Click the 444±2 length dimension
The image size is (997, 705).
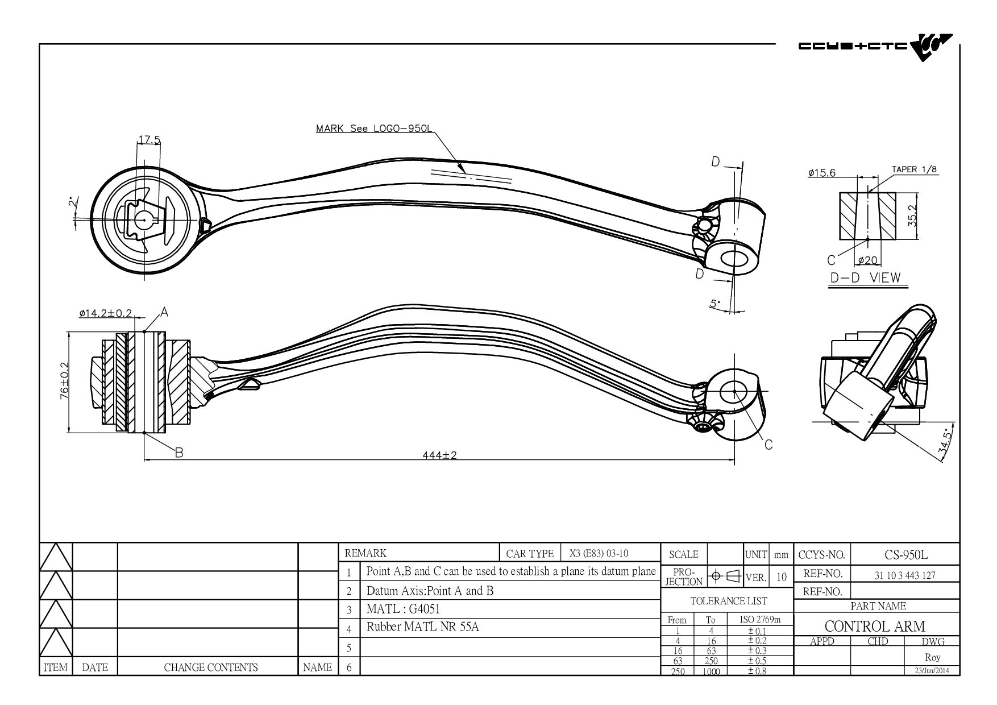coord(439,455)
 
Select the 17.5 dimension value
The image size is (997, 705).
coord(149,140)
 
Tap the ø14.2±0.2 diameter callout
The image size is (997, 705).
coord(106,313)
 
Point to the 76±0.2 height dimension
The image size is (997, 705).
coord(64,381)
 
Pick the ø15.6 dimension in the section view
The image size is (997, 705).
coord(821,173)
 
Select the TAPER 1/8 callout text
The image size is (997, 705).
coord(913,169)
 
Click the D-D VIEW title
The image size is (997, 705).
coord(865,277)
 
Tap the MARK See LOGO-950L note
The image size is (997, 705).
coord(373,128)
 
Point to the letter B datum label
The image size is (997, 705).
coord(178,453)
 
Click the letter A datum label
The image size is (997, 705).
coord(164,311)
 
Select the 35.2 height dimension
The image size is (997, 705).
coord(912,216)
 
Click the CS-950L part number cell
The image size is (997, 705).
coord(905,555)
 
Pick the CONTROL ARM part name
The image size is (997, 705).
coord(875,627)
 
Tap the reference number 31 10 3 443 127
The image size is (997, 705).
coord(905,575)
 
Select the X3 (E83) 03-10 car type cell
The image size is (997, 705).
coord(599,553)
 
